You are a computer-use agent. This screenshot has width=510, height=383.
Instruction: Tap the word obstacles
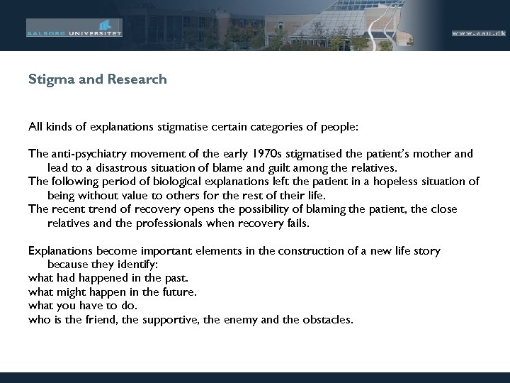(324, 319)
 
